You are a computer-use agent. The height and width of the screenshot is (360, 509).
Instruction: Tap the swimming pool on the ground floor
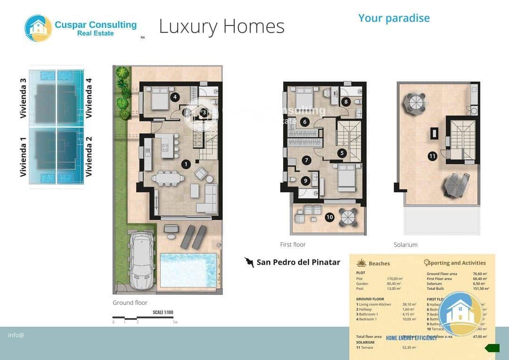click(188, 270)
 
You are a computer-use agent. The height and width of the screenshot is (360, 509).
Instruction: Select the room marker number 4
click(175, 98)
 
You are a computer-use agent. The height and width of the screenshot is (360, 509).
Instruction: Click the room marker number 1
click(186, 164)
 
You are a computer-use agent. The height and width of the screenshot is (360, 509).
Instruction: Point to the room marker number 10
click(329, 217)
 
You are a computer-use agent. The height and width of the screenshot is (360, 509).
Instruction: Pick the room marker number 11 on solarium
click(432, 156)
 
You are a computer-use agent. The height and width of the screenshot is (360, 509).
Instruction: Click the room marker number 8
click(346, 101)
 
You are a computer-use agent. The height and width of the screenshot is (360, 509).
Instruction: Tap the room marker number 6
click(305, 122)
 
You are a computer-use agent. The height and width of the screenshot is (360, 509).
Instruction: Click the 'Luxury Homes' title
click(222, 26)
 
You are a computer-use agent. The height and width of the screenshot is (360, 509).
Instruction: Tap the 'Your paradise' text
click(394, 18)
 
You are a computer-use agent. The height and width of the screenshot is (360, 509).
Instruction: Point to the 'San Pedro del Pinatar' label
click(298, 262)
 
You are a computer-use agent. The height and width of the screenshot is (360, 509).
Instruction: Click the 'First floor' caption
click(293, 245)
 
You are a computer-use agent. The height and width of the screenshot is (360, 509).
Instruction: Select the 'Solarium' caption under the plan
click(405, 245)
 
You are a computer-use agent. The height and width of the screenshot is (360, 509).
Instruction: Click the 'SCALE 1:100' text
click(163, 312)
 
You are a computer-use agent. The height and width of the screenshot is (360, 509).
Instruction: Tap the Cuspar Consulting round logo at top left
click(38, 28)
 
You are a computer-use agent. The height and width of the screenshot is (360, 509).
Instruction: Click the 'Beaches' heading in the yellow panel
click(379, 263)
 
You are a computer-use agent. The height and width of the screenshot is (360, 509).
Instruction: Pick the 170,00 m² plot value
click(394, 279)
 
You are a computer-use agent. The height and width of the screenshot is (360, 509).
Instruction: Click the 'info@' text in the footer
click(16, 335)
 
